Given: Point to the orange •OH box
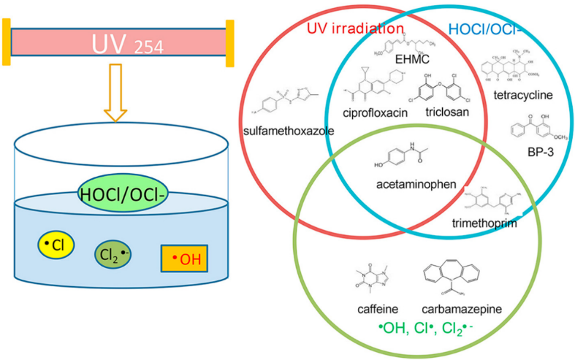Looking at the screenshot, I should click(x=185, y=258).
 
